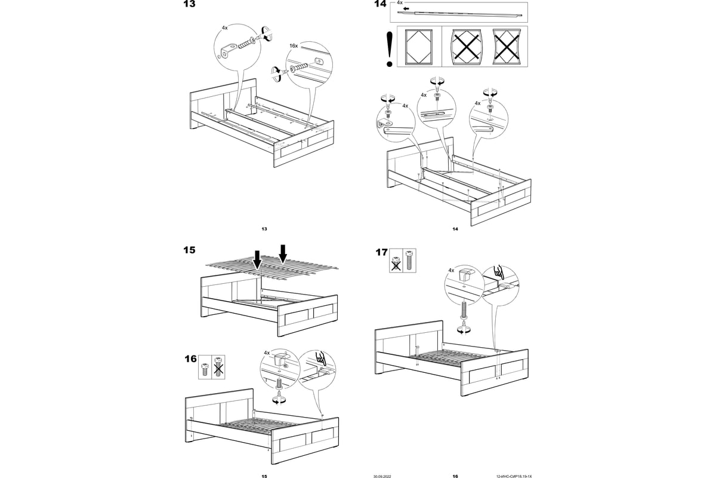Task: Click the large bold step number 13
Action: (x=189, y=5)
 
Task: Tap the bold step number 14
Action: (x=379, y=5)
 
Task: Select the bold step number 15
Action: (x=189, y=250)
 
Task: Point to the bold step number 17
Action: (x=381, y=252)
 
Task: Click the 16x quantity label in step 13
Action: (x=293, y=45)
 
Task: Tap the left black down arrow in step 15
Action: (x=257, y=259)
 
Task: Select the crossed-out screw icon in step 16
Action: (x=218, y=366)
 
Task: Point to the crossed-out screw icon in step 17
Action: (x=396, y=261)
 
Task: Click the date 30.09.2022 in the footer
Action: (x=382, y=476)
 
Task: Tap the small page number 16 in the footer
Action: (x=455, y=476)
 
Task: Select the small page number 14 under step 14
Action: (x=455, y=229)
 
